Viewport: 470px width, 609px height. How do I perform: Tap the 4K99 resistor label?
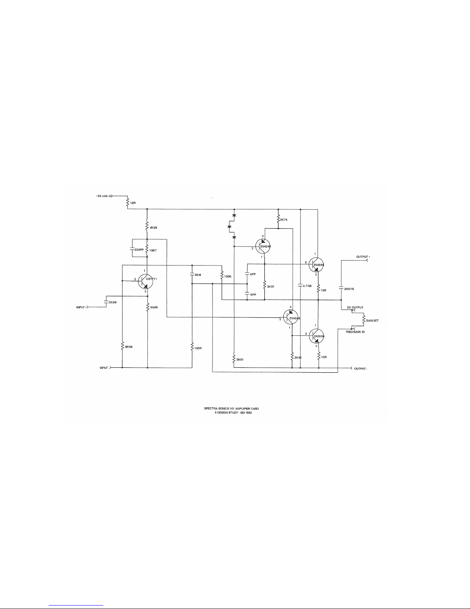[x=153, y=228]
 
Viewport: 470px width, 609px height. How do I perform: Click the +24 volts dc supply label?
[x=104, y=196]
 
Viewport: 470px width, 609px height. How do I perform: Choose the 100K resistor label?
[x=228, y=276]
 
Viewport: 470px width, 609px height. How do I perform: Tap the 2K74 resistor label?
[x=284, y=219]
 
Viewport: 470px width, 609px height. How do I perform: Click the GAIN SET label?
[x=372, y=320]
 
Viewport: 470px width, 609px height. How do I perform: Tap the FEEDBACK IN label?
[x=355, y=332]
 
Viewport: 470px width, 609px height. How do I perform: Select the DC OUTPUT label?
[x=355, y=308]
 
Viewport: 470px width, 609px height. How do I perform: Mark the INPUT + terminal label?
[x=82, y=307]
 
